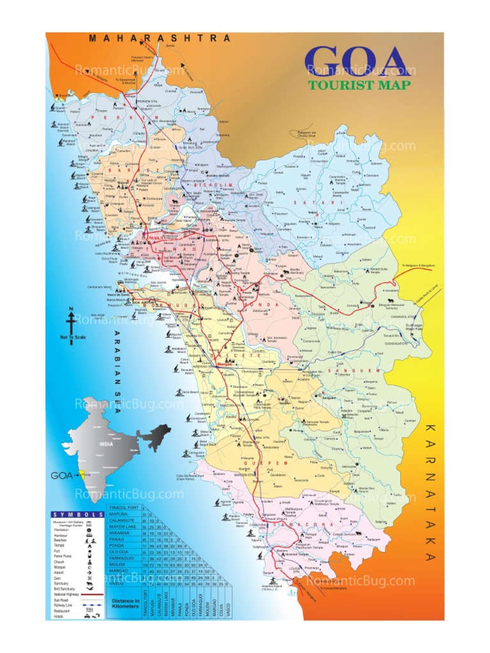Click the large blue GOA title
click(x=357, y=61)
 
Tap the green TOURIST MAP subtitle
click(x=359, y=85)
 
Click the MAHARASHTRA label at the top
click(x=160, y=38)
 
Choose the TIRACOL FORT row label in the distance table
click(x=124, y=507)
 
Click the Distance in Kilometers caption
click(x=125, y=603)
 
